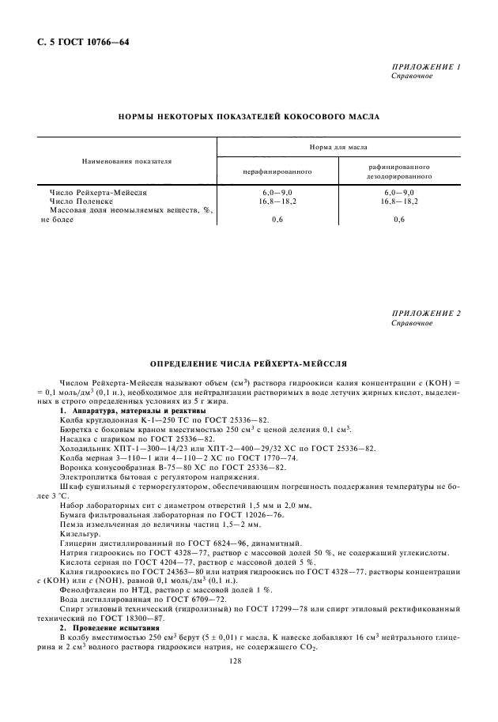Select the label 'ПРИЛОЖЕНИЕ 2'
pos(426,314)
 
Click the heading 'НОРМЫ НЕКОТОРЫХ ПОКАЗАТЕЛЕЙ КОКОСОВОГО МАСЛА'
pos(248,116)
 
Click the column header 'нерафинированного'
pos(277,171)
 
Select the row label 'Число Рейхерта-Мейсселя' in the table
pos(98,192)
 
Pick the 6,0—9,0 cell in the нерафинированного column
pos(277,192)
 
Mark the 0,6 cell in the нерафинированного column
pos(277,220)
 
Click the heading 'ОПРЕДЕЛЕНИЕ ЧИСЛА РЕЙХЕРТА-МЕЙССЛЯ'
pos(248,364)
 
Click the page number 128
pos(248,664)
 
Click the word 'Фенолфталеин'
pos(87,589)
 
